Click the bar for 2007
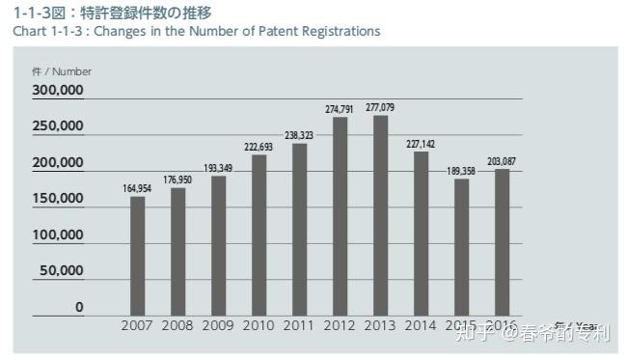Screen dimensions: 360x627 click(138, 256)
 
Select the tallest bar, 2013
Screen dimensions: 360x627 click(380, 215)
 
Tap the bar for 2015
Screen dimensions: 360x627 click(461, 247)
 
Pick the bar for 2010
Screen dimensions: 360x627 click(259, 235)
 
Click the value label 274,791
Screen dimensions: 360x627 click(340, 108)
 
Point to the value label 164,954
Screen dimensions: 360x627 click(137, 188)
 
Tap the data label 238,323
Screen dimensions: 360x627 click(299, 135)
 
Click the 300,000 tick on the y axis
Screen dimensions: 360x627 click(58, 91)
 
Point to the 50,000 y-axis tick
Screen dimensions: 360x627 click(62, 271)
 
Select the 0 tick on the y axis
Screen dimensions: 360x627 click(79, 307)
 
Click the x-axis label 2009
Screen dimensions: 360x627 click(218, 325)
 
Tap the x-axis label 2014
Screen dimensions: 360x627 click(421, 325)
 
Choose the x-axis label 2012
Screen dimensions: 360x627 click(340, 325)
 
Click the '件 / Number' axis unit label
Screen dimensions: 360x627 click(61, 70)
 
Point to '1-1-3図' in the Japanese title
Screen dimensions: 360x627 click(39, 13)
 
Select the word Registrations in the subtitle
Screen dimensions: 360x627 click(340, 31)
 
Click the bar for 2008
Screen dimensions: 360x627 click(177, 251)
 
